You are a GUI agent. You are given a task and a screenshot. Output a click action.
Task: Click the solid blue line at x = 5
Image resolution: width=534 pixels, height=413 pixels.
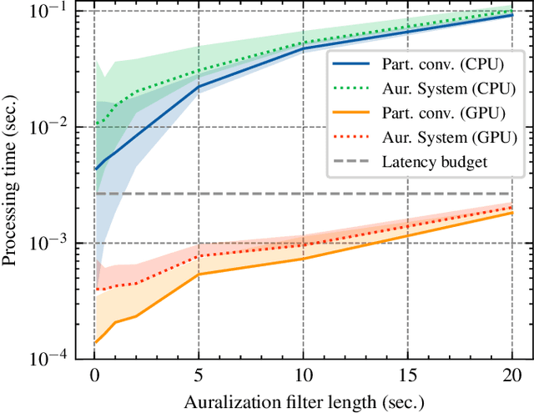coord(199,86)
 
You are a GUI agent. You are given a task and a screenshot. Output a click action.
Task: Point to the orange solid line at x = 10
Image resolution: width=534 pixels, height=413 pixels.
coord(303,259)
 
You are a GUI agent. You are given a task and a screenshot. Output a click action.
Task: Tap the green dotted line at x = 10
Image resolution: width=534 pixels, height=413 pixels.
coord(303,43)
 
